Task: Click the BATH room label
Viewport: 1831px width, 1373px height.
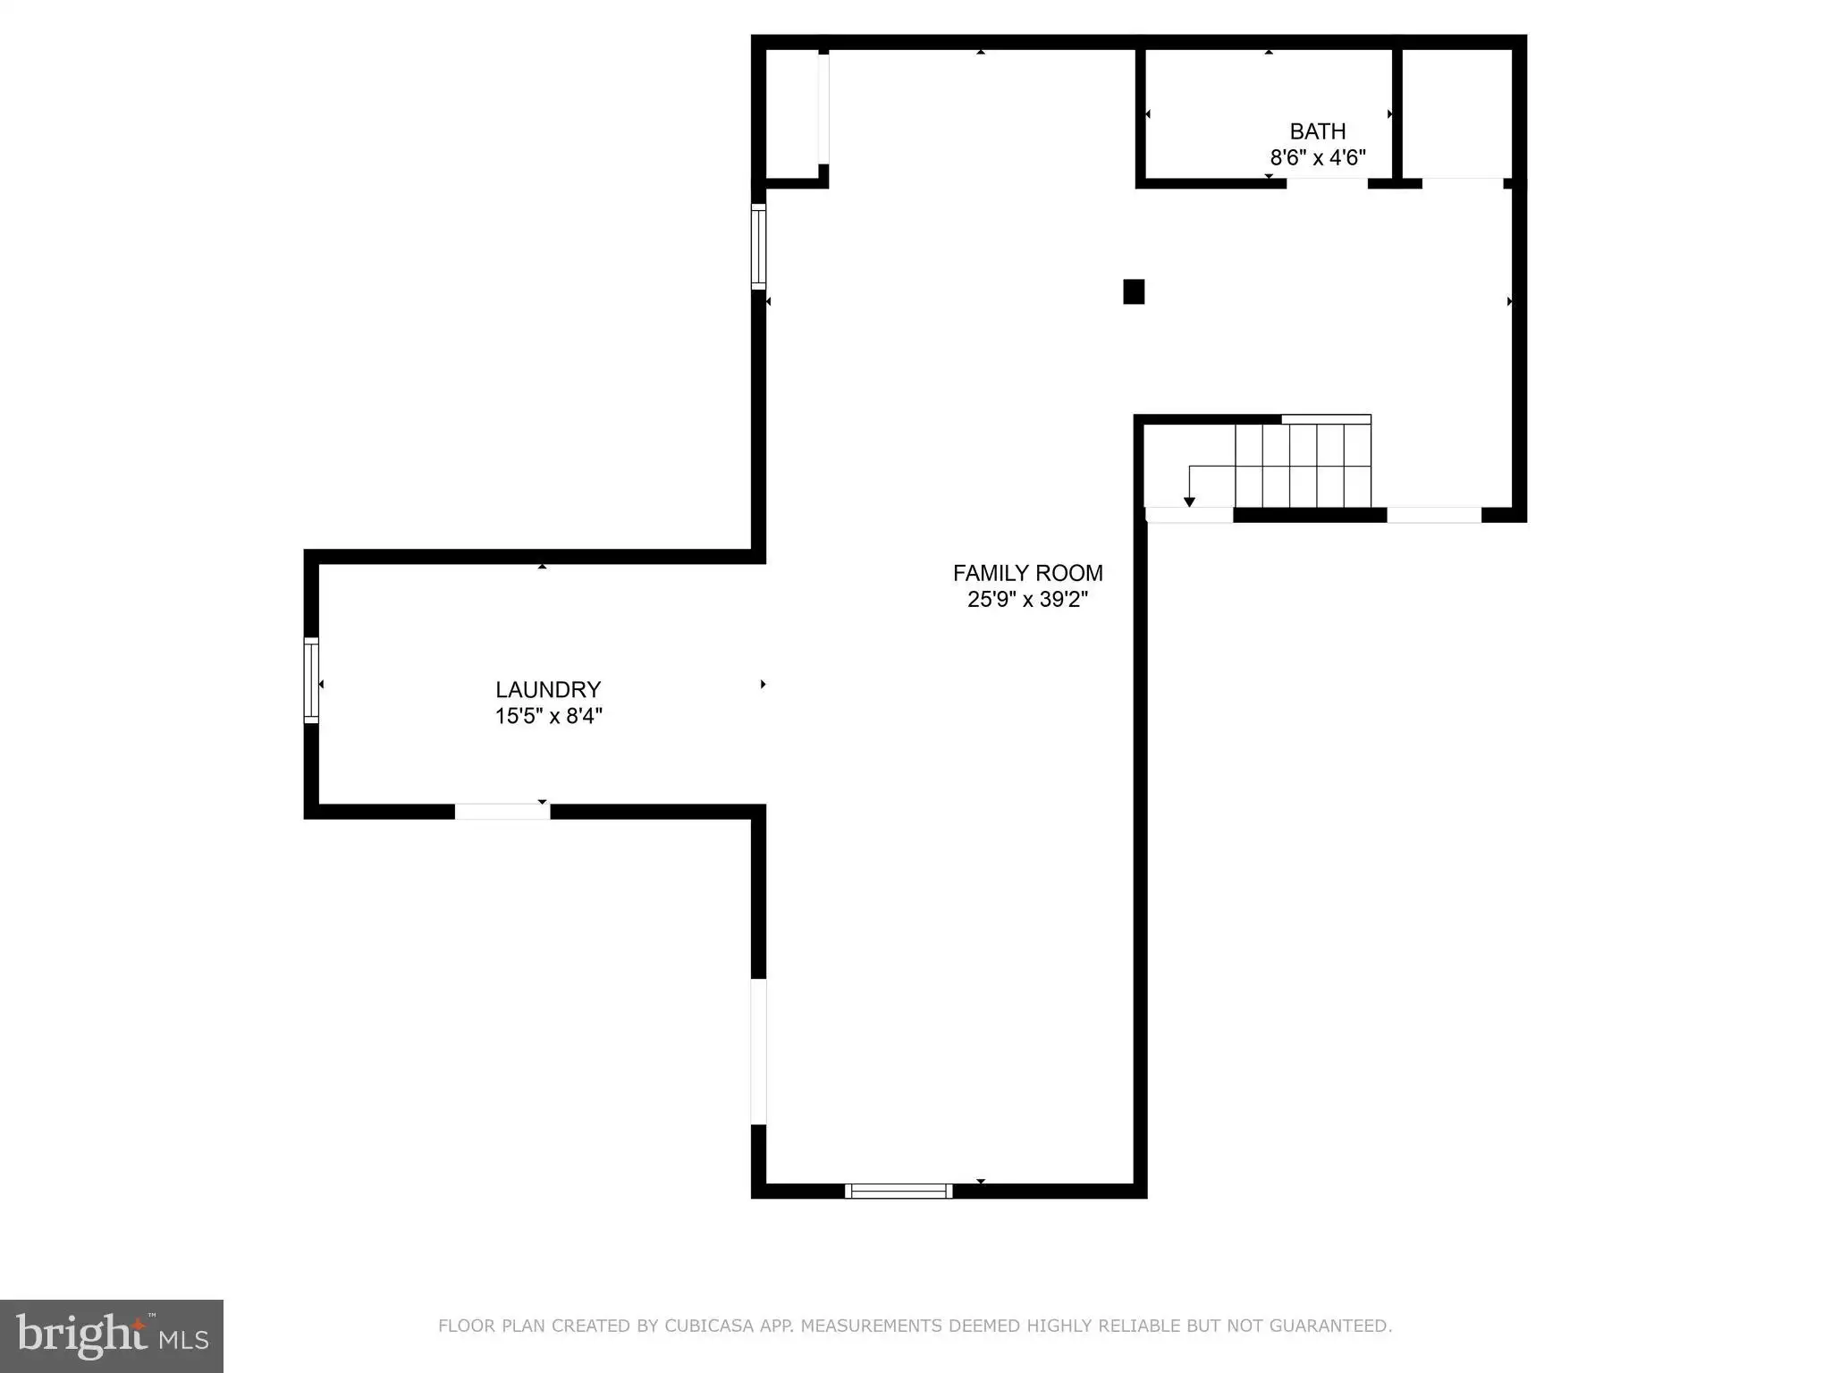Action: (x=1318, y=131)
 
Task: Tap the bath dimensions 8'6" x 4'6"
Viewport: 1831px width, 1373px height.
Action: (x=1318, y=158)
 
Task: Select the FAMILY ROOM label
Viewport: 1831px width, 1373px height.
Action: (x=1028, y=573)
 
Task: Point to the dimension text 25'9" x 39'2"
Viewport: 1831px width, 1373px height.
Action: (x=1028, y=600)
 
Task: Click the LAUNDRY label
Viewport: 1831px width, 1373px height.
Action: (x=548, y=690)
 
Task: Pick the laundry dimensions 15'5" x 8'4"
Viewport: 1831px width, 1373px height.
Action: (x=549, y=716)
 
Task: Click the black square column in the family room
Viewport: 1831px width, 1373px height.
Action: (x=1134, y=292)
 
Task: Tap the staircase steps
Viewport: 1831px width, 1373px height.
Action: (x=1303, y=466)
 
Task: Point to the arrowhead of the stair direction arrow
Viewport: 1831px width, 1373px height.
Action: (x=1189, y=502)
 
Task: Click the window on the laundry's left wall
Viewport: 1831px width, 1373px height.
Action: (x=311, y=680)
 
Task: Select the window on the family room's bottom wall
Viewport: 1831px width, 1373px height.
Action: (x=899, y=1191)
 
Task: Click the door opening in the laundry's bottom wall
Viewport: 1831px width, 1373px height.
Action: (x=502, y=812)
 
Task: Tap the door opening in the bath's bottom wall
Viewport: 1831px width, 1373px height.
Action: (x=1327, y=183)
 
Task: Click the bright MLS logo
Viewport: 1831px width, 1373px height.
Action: (x=112, y=1336)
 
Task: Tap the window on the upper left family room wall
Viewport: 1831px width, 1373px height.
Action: (x=758, y=247)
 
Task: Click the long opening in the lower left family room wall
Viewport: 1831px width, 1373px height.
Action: (x=758, y=1051)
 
